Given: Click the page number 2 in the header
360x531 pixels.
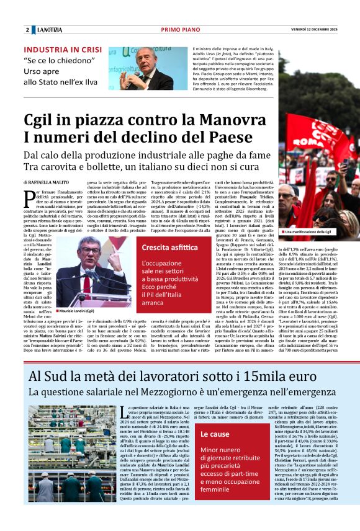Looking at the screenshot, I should click(27, 30).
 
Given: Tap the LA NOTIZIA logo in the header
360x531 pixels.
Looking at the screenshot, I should click(49, 30).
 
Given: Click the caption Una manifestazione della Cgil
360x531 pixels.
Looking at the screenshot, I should click(310, 231).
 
